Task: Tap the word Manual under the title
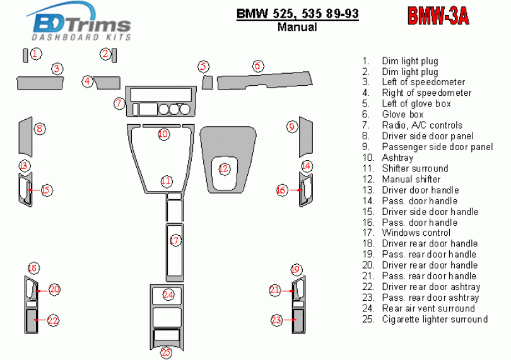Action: pos(297,27)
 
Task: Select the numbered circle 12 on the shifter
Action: pos(223,168)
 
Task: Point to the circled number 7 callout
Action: pos(119,103)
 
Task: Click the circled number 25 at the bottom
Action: pos(166,352)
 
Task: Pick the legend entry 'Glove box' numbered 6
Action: pos(402,115)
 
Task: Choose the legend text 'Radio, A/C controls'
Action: pos(421,125)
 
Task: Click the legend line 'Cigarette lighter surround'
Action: pos(434,319)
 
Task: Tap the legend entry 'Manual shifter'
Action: pos(411,179)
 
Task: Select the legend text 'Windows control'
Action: pos(416,233)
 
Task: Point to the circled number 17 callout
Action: pos(175,240)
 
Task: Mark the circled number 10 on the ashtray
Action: pos(163,134)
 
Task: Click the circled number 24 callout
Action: pos(168,294)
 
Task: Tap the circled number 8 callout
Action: pos(40,129)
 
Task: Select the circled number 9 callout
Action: pos(291,127)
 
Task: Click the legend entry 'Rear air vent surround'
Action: pos(428,308)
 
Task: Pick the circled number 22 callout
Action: pos(53,320)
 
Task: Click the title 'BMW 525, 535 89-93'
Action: pos(297,13)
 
